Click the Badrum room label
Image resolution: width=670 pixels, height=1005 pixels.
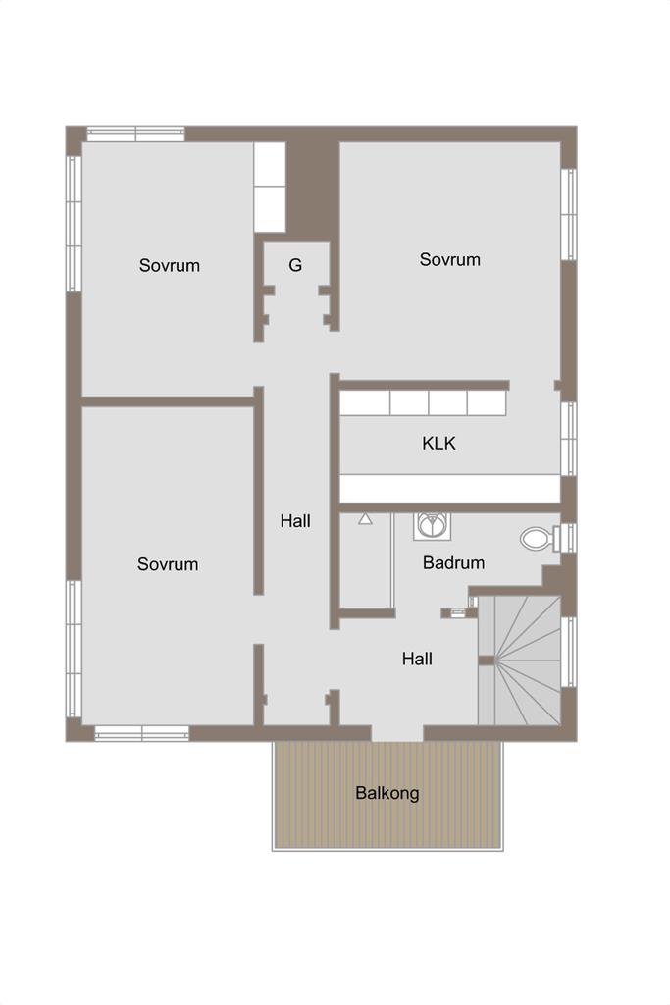click(453, 562)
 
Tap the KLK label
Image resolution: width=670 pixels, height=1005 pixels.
click(438, 443)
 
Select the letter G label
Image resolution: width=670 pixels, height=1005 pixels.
click(295, 265)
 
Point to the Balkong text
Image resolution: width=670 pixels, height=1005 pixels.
click(387, 793)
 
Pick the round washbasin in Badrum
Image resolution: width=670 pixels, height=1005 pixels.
click(432, 526)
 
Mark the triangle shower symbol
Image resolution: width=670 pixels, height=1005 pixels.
click(365, 518)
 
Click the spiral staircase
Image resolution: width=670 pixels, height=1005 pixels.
click(520, 661)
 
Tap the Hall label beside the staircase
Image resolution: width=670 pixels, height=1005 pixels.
click(417, 659)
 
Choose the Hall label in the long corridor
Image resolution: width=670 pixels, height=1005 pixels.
click(295, 521)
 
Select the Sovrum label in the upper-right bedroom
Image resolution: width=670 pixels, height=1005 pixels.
click(449, 259)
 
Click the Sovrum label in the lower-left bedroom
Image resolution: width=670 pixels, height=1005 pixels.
click(168, 564)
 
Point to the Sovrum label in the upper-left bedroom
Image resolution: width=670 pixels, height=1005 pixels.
click(170, 265)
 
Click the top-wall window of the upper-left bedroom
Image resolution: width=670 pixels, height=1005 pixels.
click(135, 133)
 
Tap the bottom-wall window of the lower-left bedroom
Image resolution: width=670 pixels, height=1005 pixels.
click(142, 733)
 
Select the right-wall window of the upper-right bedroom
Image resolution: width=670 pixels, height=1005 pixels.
click(569, 214)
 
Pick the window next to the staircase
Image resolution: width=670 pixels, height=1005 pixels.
click(569, 652)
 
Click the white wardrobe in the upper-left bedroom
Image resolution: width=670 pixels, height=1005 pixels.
click(270, 187)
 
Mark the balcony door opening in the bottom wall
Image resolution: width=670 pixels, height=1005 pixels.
click(397, 733)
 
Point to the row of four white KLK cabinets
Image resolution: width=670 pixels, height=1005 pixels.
click(423, 403)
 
